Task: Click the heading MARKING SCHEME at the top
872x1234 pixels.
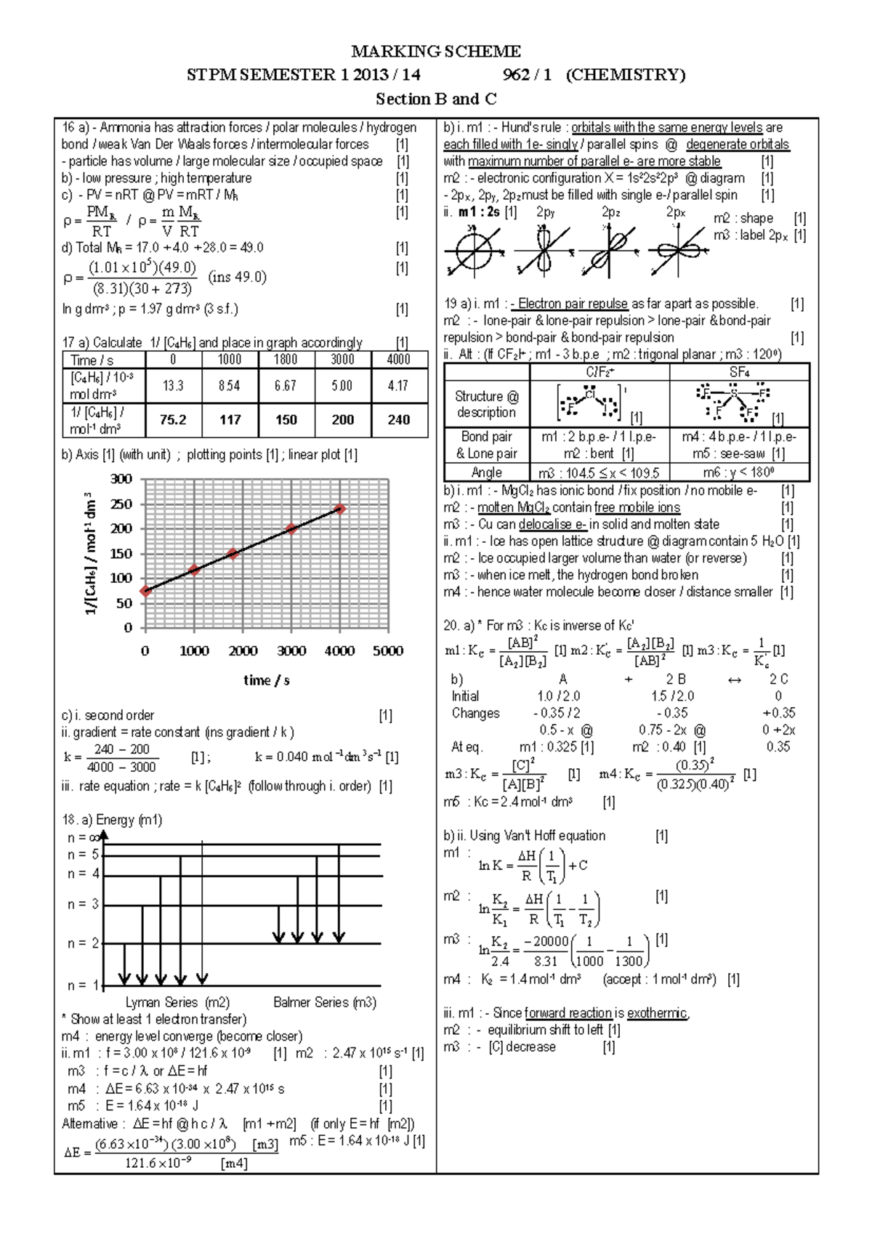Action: [436, 51]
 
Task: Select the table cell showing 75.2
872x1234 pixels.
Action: [173, 419]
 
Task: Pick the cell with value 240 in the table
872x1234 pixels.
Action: [398, 419]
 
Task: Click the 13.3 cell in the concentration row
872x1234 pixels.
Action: [173, 385]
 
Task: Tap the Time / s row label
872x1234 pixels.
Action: [92, 360]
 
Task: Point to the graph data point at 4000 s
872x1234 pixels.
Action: [339, 509]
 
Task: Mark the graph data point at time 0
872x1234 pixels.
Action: [145, 591]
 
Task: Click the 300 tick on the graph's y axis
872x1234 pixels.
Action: [121, 479]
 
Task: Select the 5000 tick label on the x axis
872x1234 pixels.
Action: [388, 651]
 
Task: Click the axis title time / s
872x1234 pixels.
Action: [266, 680]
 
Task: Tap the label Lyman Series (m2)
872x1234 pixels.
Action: [177, 1002]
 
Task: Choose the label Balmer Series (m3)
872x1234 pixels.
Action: [324, 1002]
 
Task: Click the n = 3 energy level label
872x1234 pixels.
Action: [83, 904]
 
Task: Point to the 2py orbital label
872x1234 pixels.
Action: [546, 212]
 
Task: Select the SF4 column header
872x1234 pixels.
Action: [739, 372]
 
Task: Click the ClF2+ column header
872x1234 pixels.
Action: [599, 372]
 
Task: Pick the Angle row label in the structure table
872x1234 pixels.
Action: [486, 472]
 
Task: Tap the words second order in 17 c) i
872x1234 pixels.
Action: [119, 715]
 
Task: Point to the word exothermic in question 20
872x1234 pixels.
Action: [658, 1013]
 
